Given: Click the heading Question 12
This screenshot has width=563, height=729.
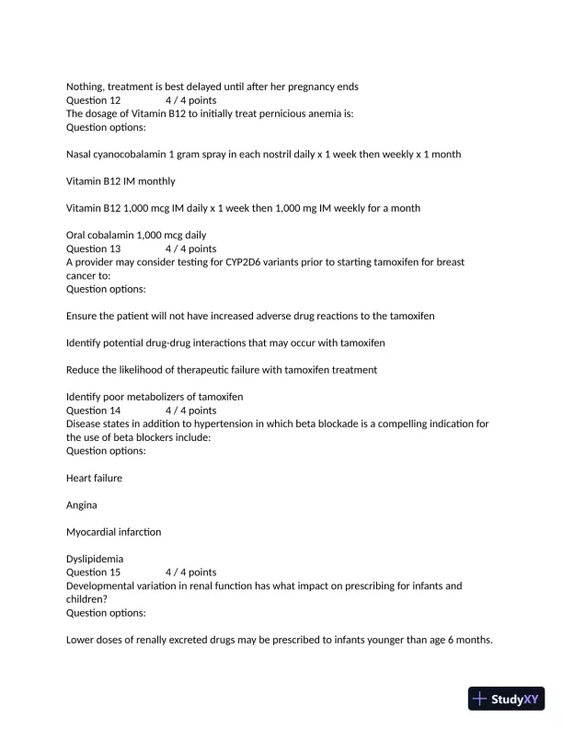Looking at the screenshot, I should (93, 100).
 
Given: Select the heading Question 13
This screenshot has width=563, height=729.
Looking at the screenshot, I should (93, 249).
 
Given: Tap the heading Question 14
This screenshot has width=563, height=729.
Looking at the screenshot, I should (93, 411).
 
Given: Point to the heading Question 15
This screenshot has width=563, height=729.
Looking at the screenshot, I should (93, 572).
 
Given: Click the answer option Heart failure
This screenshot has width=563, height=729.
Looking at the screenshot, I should (94, 478).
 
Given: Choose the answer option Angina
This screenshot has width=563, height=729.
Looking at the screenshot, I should (82, 505).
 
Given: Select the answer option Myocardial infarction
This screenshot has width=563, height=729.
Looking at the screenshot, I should (113, 532).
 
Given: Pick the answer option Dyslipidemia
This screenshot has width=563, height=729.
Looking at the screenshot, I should (95, 559).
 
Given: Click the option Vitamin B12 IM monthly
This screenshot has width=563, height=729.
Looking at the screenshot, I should (121, 181).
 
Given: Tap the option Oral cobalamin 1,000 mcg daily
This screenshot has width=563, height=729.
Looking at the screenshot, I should (136, 235).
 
